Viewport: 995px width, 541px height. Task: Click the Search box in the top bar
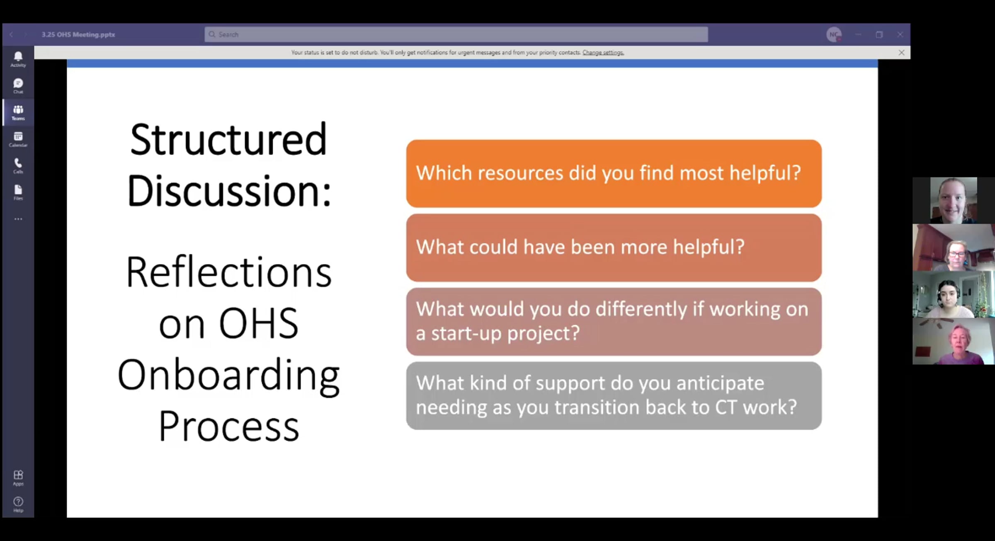[x=456, y=34]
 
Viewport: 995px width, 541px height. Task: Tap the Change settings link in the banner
[x=603, y=53]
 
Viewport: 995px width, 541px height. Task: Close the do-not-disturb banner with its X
[x=901, y=53]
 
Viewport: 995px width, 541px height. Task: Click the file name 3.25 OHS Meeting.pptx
[x=78, y=34]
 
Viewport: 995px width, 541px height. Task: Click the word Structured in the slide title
[x=228, y=139]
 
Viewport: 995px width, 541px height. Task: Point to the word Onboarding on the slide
[x=228, y=375]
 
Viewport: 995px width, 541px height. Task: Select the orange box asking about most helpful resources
[x=614, y=173]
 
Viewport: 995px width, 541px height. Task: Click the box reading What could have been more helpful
[x=614, y=247]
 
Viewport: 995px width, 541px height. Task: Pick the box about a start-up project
[x=614, y=321]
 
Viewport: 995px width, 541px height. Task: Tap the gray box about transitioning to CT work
[x=614, y=395]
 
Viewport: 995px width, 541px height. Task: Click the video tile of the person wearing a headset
[x=953, y=294]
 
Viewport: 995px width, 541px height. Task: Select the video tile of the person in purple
[x=953, y=341]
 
